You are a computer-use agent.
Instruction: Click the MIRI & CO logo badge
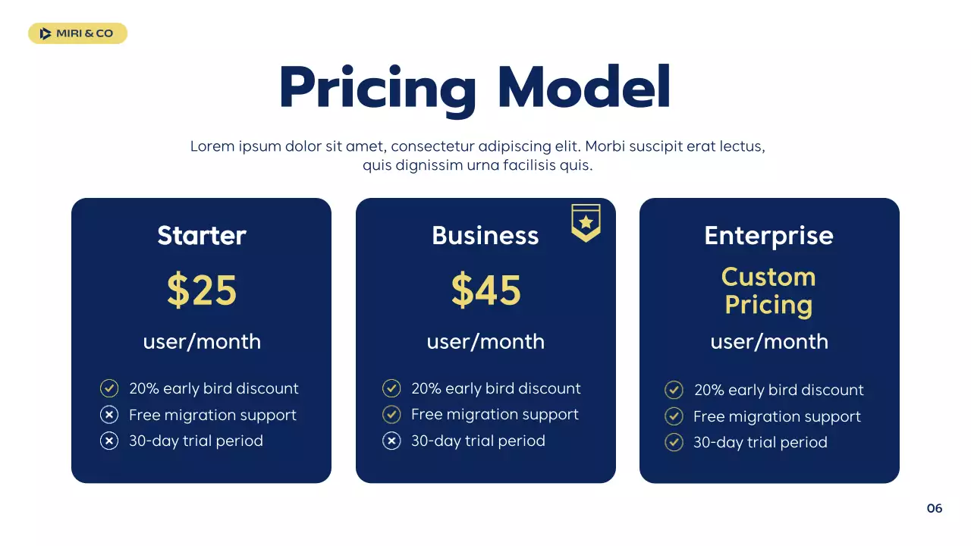coord(77,33)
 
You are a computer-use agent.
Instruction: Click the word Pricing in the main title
coord(378,89)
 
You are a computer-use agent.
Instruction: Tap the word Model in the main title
coord(584,88)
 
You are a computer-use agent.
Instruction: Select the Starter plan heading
coord(202,236)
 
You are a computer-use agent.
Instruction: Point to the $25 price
coord(202,290)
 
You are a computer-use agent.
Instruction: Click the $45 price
coord(485,290)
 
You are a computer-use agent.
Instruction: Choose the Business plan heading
coord(485,236)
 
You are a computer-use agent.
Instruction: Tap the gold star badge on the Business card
coord(586,223)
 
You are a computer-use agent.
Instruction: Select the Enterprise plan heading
coord(768,236)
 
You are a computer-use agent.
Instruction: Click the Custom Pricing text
coord(768,290)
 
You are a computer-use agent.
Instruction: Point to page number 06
coord(935,508)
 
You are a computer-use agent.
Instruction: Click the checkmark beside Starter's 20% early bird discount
coord(109,389)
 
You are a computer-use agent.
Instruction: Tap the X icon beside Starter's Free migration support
coord(109,415)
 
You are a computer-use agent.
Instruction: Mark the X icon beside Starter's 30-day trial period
coord(109,441)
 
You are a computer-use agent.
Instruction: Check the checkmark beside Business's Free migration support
coord(391,415)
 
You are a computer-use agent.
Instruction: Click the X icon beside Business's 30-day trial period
coord(391,441)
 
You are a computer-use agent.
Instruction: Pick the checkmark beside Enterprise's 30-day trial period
coord(674,442)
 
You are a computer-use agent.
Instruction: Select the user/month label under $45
coord(485,342)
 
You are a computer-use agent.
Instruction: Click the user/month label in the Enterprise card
coord(768,342)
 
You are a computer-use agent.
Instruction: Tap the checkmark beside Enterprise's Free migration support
coord(674,416)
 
